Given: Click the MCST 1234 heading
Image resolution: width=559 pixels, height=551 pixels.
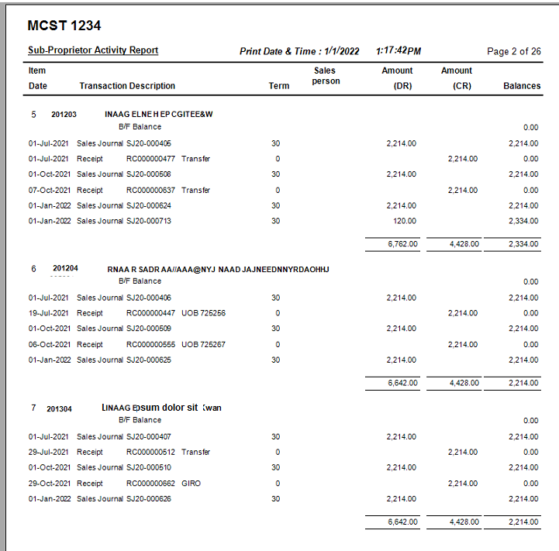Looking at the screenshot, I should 64,26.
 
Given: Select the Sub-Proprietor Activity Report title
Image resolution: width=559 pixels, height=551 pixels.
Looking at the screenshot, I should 93,50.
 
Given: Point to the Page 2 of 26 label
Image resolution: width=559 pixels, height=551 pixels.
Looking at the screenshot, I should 513,52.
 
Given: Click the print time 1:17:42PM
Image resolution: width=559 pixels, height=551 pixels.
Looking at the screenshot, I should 398,51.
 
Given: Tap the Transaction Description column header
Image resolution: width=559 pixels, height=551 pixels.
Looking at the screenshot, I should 127,86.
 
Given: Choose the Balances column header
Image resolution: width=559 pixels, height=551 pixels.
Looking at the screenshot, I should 521,86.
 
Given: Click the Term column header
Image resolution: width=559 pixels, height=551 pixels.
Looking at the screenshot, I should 279,86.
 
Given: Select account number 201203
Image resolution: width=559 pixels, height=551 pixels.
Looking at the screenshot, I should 64,115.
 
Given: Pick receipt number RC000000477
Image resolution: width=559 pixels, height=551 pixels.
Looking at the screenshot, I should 151,159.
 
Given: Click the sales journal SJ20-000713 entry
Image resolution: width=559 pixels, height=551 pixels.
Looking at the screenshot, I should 149,221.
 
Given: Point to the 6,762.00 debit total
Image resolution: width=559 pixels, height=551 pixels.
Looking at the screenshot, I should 402,244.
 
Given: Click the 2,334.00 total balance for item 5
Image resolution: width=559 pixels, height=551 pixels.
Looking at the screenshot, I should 523,244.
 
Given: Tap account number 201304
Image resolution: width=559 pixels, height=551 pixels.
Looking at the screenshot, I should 60,408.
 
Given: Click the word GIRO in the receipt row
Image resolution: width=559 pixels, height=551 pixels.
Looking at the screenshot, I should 191,483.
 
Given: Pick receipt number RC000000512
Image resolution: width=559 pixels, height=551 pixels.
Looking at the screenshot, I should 151,452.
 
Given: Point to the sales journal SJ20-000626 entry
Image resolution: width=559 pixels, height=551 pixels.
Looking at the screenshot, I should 149,498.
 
